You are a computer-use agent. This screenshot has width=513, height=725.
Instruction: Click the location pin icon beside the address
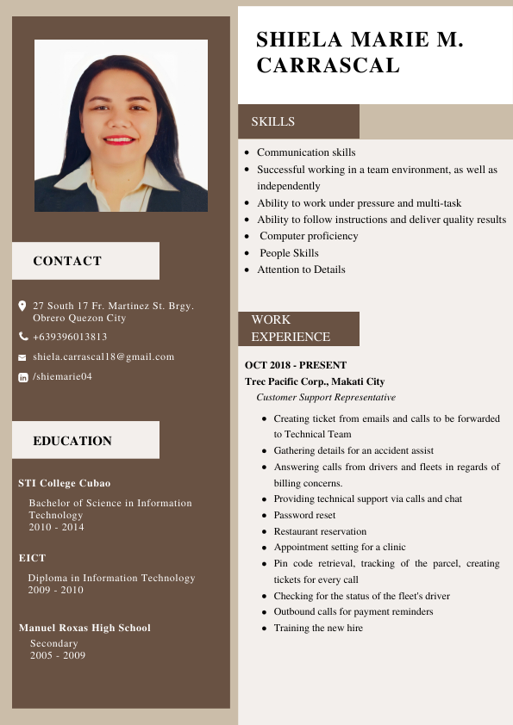pyautogui.click(x=22, y=306)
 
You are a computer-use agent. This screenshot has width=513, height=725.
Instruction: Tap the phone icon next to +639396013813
pyautogui.click(x=23, y=337)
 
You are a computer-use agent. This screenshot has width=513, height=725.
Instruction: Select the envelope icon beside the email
pyautogui.click(x=22, y=356)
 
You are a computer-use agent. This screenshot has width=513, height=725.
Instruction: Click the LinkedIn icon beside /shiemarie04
pyautogui.click(x=23, y=377)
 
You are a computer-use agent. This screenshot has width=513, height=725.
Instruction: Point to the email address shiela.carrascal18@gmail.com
pyautogui.click(x=103, y=356)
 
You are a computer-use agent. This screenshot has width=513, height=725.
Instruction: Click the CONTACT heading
pyautogui.click(x=67, y=261)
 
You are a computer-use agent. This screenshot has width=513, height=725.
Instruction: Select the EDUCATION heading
pyautogui.click(x=72, y=441)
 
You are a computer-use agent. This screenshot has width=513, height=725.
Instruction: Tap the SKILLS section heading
pyautogui.click(x=273, y=122)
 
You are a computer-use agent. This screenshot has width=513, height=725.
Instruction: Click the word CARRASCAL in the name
pyautogui.click(x=328, y=65)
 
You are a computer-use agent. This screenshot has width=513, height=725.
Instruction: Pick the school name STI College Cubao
pyautogui.click(x=65, y=483)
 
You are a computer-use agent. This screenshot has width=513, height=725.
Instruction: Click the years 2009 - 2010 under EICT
pyautogui.click(x=55, y=590)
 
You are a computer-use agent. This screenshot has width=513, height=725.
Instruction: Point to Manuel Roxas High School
pyautogui.click(x=84, y=628)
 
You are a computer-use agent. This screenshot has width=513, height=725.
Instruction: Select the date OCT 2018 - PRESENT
pyautogui.click(x=296, y=365)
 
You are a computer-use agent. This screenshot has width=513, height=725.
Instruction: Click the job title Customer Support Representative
pyautogui.click(x=326, y=397)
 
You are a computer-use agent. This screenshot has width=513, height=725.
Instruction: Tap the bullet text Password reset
pyautogui.click(x=304, y=515)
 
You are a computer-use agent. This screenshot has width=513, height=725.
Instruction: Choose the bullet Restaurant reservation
pyautogui.click(x=320, y=531)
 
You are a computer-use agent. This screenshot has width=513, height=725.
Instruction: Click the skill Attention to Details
pyautogui.click(x=301, y=270)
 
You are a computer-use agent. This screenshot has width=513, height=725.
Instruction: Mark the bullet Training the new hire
pyautogui.click(x=318, y=628)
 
